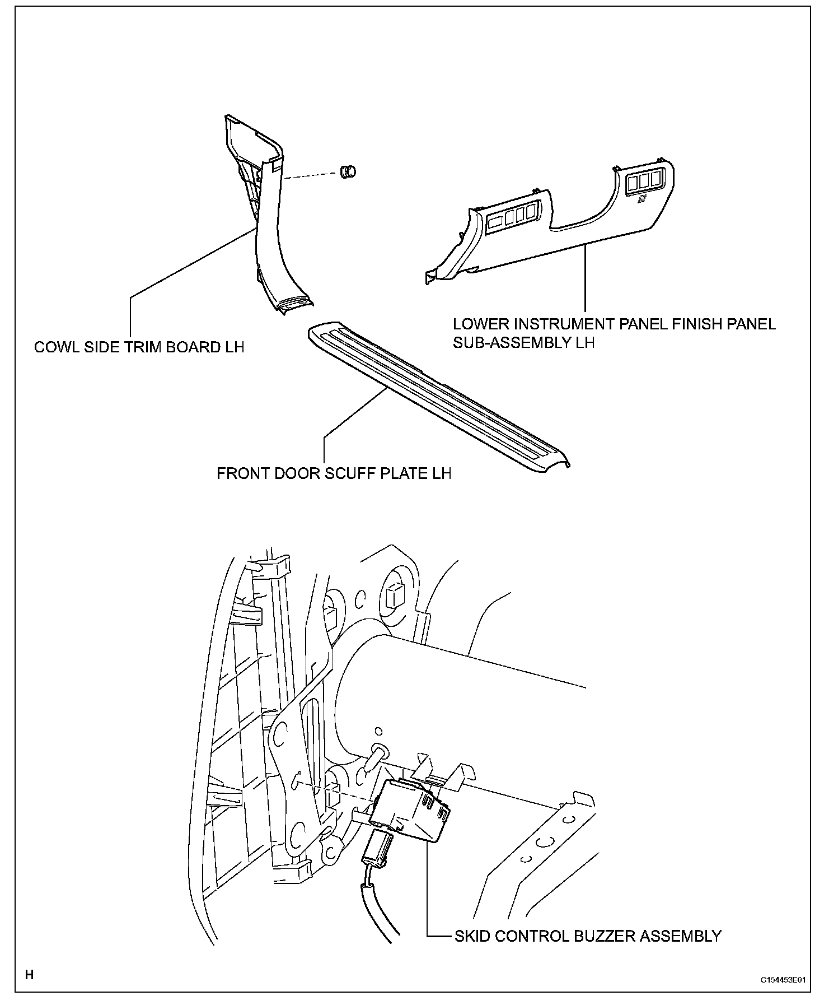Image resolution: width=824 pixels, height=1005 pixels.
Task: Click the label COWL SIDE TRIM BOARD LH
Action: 139,347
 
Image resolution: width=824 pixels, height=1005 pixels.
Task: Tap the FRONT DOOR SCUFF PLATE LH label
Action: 334,473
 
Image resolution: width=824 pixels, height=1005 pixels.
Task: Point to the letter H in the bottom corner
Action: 30,975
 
